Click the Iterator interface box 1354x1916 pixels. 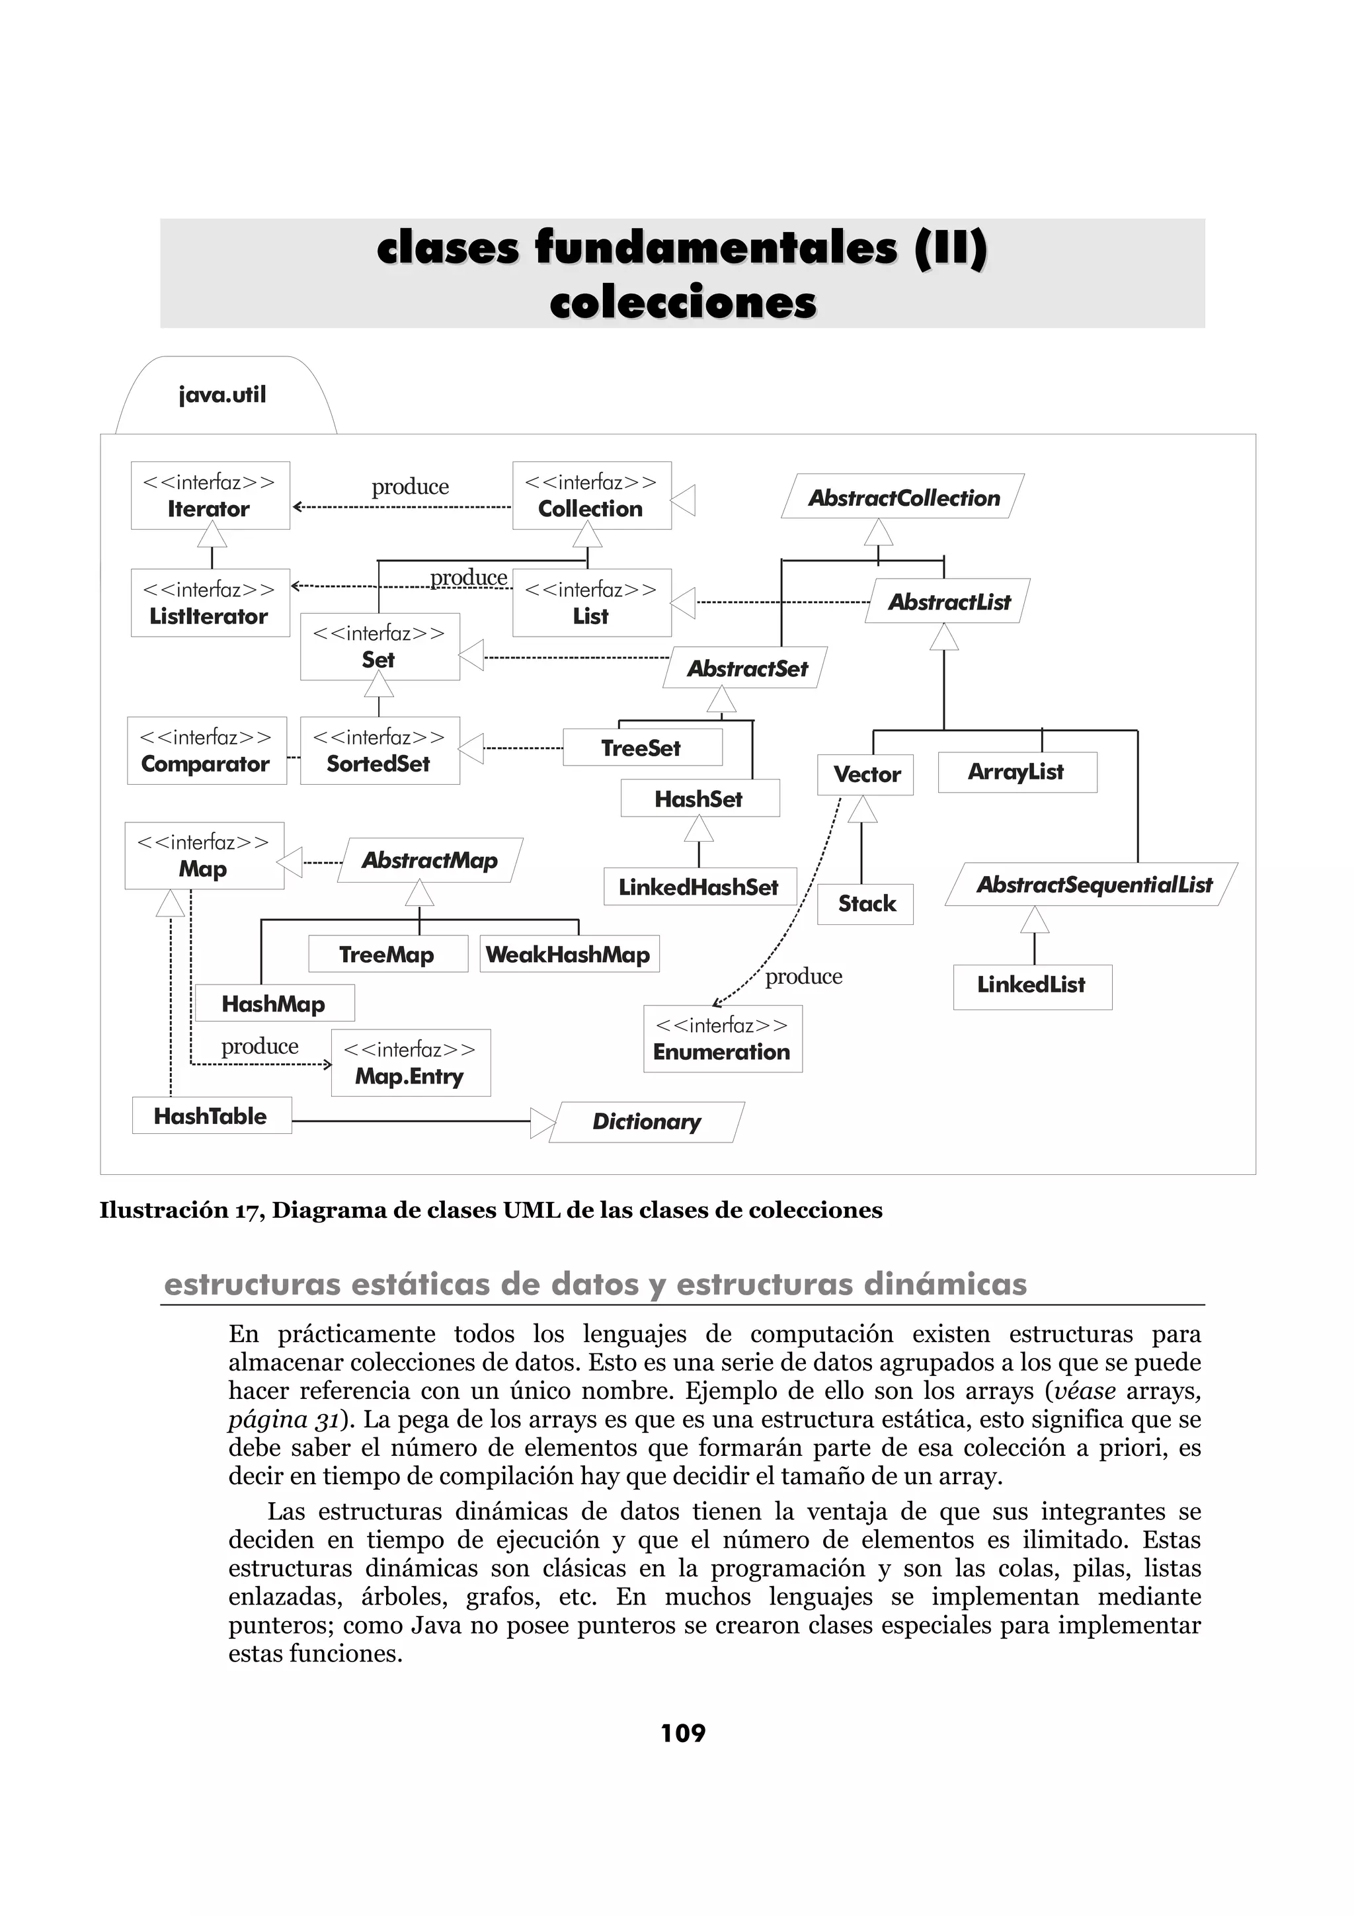210,496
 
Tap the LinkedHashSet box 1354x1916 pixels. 699,887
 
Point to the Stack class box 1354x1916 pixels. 866,904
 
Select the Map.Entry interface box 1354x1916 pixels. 411,1063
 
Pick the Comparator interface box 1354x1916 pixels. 206,751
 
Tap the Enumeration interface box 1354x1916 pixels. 722,1039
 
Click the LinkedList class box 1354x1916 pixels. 1032,986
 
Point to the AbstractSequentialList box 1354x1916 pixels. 1093,885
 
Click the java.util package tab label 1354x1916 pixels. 223,395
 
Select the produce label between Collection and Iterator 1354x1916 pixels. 410,487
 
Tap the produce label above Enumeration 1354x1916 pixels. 803,977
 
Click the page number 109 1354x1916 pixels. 682,1734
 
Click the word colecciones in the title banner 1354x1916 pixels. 682,302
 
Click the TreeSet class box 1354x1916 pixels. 641,748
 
